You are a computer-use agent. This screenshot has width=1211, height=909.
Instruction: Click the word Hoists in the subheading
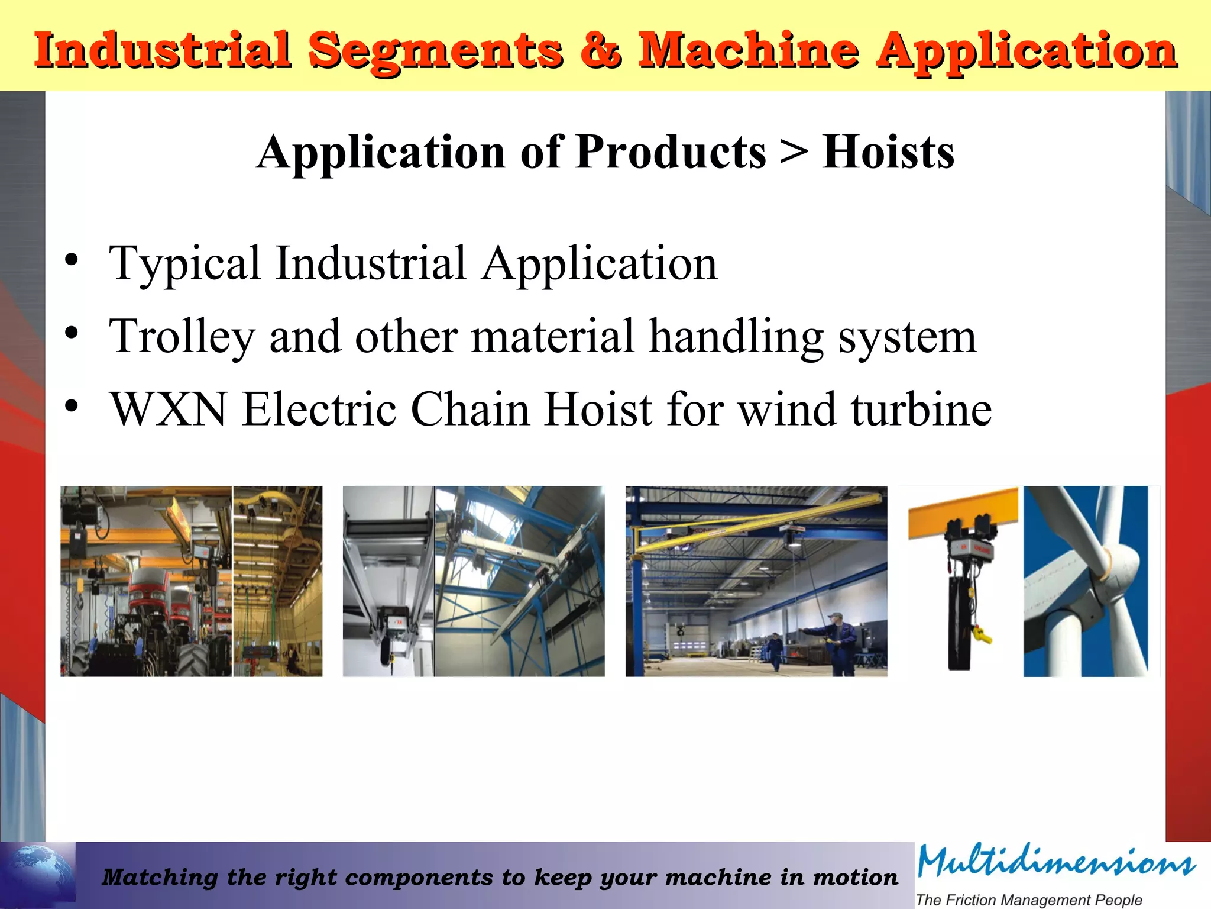pos(888,153)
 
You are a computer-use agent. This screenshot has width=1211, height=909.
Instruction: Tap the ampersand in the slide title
pos(601,50)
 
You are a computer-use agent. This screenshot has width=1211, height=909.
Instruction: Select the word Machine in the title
pos(748,50)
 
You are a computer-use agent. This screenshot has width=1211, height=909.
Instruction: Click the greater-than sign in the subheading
pos(794,153)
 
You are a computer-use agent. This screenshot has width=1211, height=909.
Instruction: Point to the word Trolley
pos(182,337)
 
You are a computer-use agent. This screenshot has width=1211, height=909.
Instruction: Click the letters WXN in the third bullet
pos(169,410)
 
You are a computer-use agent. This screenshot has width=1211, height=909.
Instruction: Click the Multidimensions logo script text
pos(1056,862)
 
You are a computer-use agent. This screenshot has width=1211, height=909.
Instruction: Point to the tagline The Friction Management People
pos(1029,900)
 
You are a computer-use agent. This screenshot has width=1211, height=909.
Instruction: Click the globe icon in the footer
pos(38,873)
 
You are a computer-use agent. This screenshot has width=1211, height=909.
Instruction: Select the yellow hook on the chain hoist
pos(982,636)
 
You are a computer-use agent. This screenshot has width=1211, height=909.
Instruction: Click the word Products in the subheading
pos(671,153)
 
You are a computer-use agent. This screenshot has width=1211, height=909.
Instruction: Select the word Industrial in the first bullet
pos(371,263)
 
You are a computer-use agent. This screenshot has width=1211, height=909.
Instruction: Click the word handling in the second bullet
pos(736,337)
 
